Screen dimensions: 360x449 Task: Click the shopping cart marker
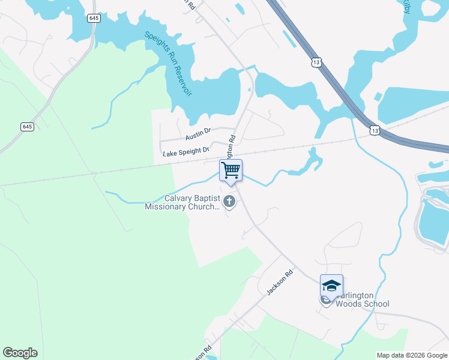231,170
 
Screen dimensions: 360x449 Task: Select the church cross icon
229,202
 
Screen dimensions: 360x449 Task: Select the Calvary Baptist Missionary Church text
183,203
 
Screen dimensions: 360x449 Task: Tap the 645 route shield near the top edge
94,19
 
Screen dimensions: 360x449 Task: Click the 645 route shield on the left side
27,127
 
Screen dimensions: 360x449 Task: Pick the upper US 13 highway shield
317,62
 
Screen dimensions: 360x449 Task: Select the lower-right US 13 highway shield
375,130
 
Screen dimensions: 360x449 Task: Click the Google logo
20,353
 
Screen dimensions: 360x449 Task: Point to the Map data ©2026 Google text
412,355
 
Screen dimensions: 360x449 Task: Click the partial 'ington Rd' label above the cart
232,147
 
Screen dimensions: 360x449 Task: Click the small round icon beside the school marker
325,300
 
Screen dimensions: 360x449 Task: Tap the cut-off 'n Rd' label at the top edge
190,4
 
